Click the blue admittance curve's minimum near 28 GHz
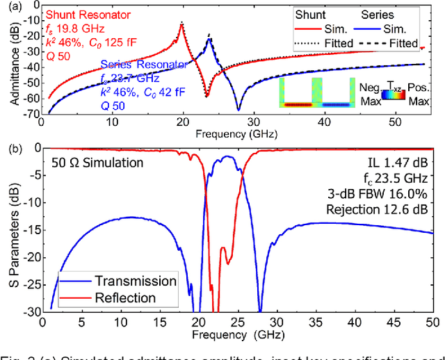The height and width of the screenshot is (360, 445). (238, 109)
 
